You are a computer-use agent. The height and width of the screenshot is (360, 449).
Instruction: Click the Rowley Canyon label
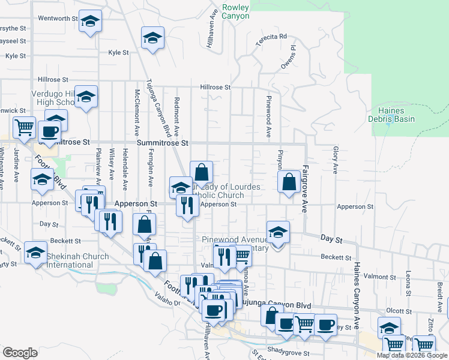tap(235, 12)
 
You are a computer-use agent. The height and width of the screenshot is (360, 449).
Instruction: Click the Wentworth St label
tap(58, 19)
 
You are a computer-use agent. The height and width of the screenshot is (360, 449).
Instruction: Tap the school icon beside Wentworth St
tap(90, 22)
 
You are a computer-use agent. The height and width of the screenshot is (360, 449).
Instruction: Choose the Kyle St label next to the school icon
tap(118, 53)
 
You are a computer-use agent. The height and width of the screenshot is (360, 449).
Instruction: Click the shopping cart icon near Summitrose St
tap(24, 127)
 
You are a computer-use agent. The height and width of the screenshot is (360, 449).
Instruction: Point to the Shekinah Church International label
tap(78, 260)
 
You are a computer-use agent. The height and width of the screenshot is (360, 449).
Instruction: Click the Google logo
tap(20, 352)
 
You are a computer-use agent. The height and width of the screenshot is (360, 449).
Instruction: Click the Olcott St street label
tap(399, 311)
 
